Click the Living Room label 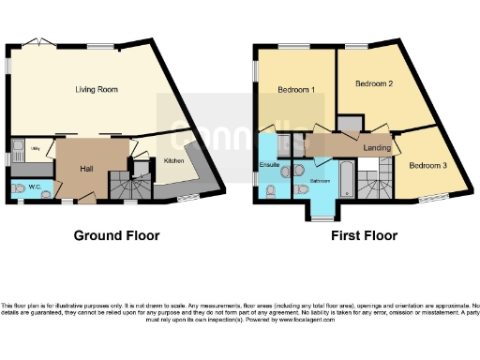click(x=96, y=90)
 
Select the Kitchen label click(x=174, y=161)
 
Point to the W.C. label click(x=34, y=187)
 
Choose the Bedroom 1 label click(x=296, y=90)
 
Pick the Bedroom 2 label click(x=372, y=83)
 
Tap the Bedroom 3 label click(x=427, y=165)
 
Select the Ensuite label click(x=270, y=164)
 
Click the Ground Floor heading click(x=116, y=235)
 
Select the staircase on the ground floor click(x=125, y=187)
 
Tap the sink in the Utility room click(x=20, y=144)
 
